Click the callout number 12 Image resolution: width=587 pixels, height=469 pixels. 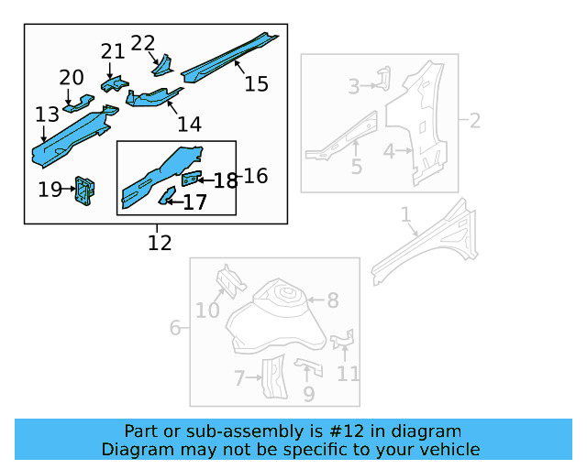click(x=160, y=243)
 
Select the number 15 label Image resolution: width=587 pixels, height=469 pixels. click(x=257, y=84)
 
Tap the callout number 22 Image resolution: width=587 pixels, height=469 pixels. click(x=143, y=43)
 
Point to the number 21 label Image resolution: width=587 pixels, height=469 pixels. click(x=112, y=51)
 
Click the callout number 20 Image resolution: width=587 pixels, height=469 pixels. click(x=72, y=78)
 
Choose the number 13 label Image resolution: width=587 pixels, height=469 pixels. click(x=47, y=115)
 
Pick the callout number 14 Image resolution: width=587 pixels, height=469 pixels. click(x=189, y=124)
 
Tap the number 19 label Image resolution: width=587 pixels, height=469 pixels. click(x=50, y=190)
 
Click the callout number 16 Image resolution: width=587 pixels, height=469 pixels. click(x=256, y=175)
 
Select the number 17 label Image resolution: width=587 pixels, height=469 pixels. click(x=194, y=202)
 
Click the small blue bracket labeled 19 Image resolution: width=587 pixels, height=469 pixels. click(x=87, y=190)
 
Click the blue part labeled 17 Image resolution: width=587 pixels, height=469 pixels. click(x=168, y=194)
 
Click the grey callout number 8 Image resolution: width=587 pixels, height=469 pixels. click(x=333, y=300)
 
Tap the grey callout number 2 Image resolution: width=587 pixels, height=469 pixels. click(x=475, y=120)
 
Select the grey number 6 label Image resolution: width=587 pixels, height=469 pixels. click(x=175, y=328)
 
